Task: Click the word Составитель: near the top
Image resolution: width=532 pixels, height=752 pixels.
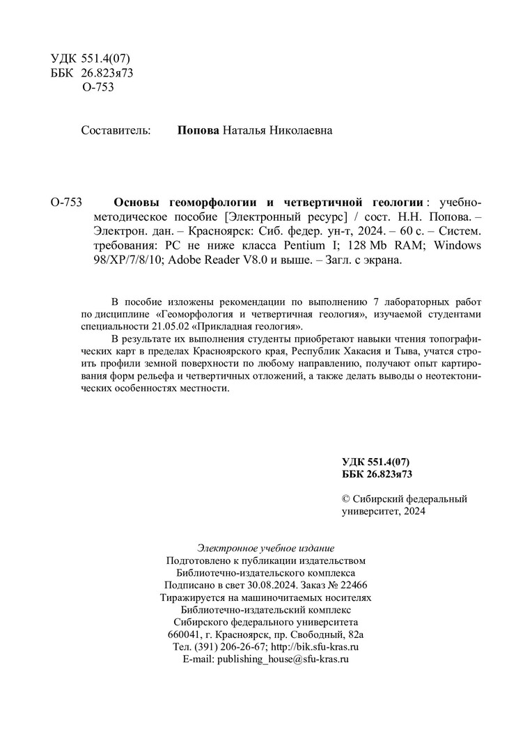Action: point(116,130)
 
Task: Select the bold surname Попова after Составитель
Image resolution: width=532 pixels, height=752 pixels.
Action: point(199,130)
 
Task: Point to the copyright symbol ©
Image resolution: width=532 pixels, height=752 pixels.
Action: point(346,499)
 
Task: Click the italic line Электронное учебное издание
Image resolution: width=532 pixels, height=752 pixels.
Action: point(266,547)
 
